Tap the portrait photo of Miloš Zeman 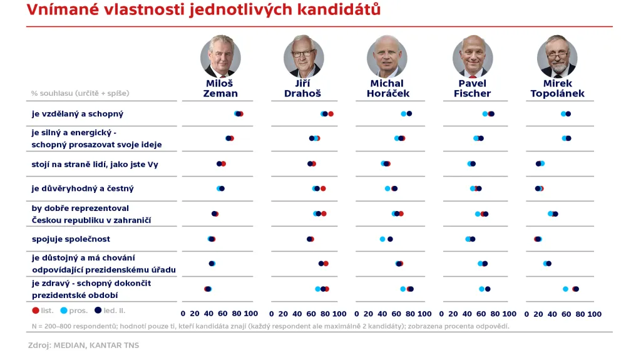[220, 56]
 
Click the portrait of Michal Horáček [387, 56]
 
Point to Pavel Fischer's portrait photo [472, 56]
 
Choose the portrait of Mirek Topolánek [557, 56]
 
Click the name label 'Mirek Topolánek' [557, 88]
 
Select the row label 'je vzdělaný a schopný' [78, 114]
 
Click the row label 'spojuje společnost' [71, 239]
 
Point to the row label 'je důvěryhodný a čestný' [83, 188]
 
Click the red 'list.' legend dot [36, 310]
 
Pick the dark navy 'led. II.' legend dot [98, 310]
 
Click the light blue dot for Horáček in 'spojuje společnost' [382, 239]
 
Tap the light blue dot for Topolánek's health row [565, 289]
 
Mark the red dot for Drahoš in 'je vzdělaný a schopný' [331, 114]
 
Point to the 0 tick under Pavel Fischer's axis [446, 314]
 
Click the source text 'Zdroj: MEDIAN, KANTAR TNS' [83, 345]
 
